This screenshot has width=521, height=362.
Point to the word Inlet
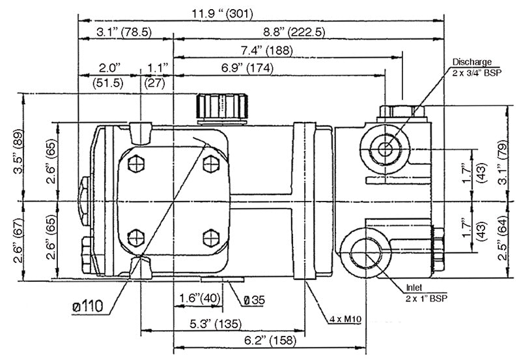414,287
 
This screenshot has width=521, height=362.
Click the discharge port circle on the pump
385,149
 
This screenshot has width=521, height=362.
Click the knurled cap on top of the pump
222,106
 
